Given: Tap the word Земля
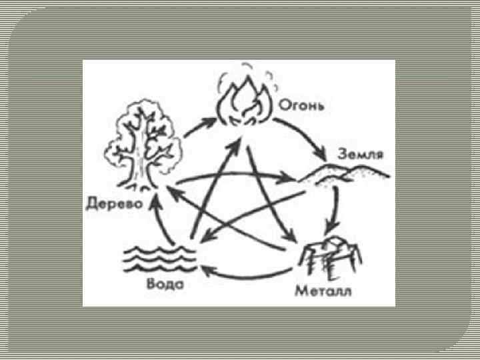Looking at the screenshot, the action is (360, 154).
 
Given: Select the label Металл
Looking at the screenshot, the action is (324, 292).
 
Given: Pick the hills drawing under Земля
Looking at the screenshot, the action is (343, 174).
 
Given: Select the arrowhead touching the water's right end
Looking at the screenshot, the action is (204, 268).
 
